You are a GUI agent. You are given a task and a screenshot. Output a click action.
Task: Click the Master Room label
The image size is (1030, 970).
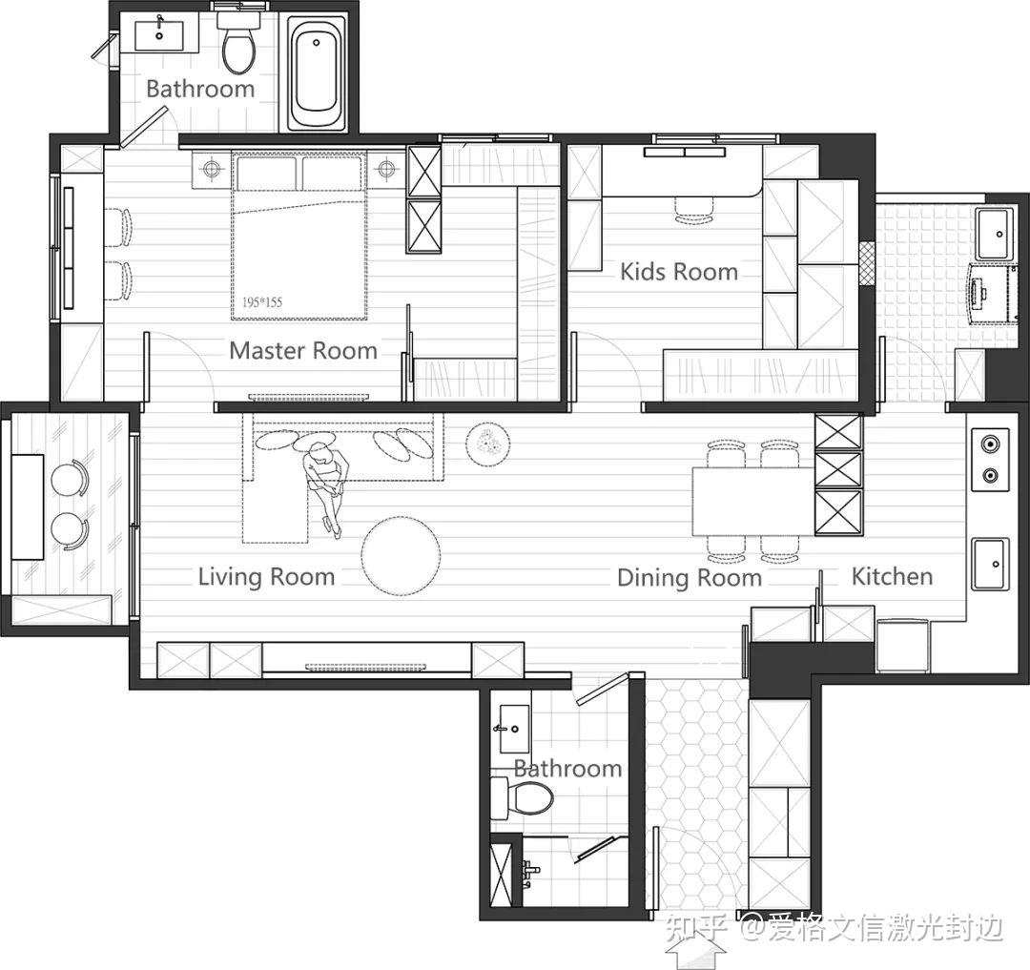(303, 351)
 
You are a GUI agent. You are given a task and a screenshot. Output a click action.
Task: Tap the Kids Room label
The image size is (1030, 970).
(679, 272)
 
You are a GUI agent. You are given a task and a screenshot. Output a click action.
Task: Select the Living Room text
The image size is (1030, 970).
(267, 577)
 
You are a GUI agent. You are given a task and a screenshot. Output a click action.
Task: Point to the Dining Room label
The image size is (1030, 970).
(690, 578)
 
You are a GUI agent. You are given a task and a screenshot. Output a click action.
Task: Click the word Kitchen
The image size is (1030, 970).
(892, 577)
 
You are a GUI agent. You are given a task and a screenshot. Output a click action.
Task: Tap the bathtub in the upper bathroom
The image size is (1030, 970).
(317, 73)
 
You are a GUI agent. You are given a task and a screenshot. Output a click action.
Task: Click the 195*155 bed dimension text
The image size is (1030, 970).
(262, 302)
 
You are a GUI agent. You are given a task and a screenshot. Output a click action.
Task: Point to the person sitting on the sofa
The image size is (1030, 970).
(325, 487)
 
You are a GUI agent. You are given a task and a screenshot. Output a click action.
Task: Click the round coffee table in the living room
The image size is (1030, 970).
(402, 556)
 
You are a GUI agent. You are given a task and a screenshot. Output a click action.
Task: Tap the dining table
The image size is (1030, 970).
(753, 501)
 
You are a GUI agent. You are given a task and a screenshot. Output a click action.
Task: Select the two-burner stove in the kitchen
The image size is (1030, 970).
(990, 460)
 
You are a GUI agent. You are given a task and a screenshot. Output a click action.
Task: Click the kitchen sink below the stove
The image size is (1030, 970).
(991, 564)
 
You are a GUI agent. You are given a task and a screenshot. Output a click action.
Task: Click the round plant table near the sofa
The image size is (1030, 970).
(487, 444)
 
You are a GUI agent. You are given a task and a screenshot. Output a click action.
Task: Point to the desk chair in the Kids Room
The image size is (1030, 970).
(695, 211)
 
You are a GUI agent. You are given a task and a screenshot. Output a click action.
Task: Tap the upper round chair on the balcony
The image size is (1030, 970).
(70, 478)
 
